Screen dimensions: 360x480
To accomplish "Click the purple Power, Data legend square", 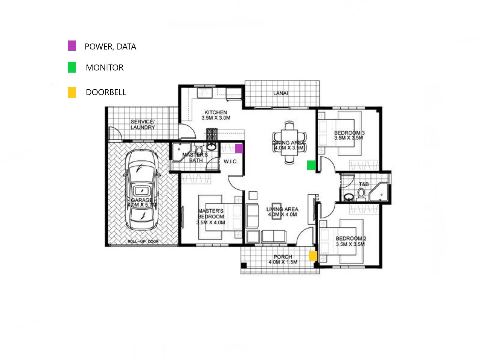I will click(x=72, y=46).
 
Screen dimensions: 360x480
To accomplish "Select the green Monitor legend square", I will click(x=72, y=67).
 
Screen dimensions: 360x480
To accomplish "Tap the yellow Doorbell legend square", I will click(x=72, y=92).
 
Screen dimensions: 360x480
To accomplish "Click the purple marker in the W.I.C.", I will click(x=239, y=148).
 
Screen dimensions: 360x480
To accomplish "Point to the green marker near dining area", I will click(x=311, y=165).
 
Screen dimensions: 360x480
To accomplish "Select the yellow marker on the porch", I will click(x=313, y=256).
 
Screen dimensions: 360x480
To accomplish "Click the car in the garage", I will click(x=141, y=190).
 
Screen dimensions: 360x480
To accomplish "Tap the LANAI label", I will click(x=280, y=93).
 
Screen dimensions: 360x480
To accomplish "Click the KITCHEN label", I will click(x=216, y=112).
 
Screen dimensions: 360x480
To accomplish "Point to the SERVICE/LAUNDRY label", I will click(x=143, y=124).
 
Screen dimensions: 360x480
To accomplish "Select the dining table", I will click(x=289, y=142).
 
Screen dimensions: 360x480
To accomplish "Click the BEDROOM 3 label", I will click(x=349, y=133).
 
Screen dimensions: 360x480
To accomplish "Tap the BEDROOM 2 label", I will click(x=351, y=238).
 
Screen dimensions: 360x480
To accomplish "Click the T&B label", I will click(x=364, y=184).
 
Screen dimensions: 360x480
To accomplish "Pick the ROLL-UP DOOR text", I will click(x=143, y=241).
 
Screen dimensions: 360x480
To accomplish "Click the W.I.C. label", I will click(x=230, y=161).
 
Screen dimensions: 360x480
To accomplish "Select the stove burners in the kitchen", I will click(x=212, y=134).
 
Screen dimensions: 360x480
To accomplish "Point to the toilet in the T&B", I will click(x=361, y=195).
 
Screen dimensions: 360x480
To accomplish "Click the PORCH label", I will click(x=283, y=257).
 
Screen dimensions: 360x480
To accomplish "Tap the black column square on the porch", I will click(x=244, y=265).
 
